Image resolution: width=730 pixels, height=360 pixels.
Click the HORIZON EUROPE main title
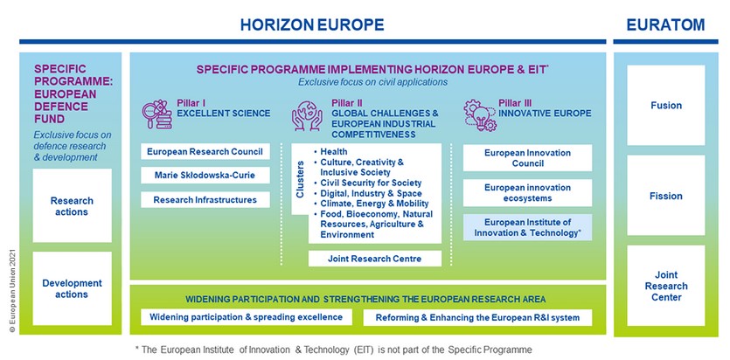click(x=312, y=24)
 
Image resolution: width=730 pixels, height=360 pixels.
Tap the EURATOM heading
click(x=665, y=24)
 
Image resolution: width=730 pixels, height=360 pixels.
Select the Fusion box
click(x=666, y=105)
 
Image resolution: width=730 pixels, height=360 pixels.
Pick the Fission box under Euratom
click(x=666, y=196)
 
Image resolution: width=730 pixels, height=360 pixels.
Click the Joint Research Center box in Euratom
click(x=666, y=286)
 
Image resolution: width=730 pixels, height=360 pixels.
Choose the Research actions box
click(x=73, y=205)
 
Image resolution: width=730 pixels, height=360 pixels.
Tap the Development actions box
click(x=73, y=288)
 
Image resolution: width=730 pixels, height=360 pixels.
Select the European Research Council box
click(x=205, y=152)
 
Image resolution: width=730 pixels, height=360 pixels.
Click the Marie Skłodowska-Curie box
click(x=205, y=176)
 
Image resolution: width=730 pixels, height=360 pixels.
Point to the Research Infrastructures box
click(x=205, y=200)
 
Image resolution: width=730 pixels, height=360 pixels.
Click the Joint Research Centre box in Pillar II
click(x=375, y=259)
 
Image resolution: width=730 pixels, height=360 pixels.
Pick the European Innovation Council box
click(x=527, y=157)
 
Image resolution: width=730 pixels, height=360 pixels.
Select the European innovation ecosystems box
click(x=527, y=192)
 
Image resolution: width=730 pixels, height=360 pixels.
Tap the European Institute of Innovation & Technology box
click(x=527, y=227)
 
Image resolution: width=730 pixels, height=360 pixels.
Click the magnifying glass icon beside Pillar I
click(x=156, y=114)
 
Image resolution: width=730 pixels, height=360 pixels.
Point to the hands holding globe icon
click(x=307, y=114)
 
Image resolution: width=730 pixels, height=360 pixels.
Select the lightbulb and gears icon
click(x=480, y=114)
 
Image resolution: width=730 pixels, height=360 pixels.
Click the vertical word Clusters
click(x=300, y=179)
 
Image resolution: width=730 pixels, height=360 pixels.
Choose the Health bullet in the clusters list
click(x=330, y=152)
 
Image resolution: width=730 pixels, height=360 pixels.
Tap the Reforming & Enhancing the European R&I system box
click(x=477, y=318)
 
